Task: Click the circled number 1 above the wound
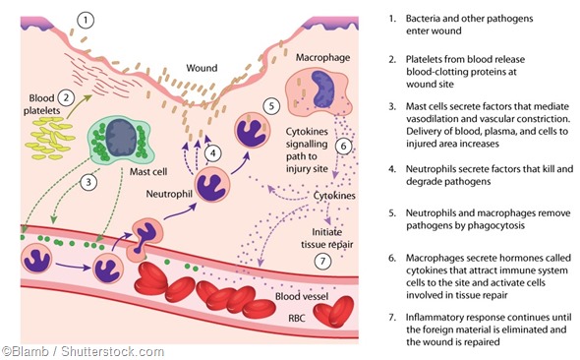[x=88, y=20]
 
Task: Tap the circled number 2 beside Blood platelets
[x=66, y=97]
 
